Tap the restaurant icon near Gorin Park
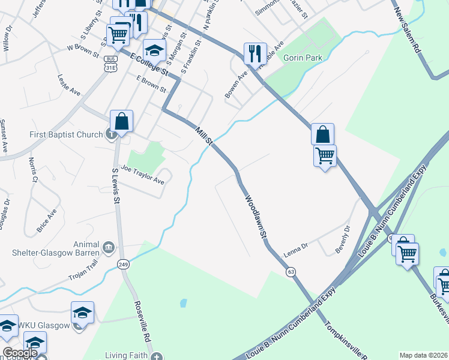[x=255, y=53]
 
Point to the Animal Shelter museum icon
[x=109, y=247]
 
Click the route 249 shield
[x=124, y=265]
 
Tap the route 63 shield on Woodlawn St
[x=291, y=272]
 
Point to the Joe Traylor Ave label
[x=142, y=175]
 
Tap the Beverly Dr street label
[x=343, y=239]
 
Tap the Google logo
[x=20, y=353]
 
